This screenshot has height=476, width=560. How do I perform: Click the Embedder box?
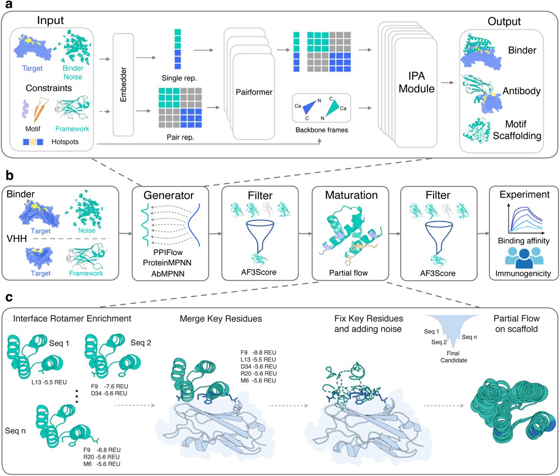tap(123, 84)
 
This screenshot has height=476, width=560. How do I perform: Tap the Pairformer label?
tap(254, 92)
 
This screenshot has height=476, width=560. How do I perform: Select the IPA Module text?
tap(416, 82)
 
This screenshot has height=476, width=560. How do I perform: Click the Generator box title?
tap(168, 195)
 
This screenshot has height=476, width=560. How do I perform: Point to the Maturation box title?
tap(351, 195)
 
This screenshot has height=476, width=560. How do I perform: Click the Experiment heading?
tap(524, 195)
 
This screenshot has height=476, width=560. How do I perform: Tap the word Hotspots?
tap(65, 142)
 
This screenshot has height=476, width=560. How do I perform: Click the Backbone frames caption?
tap(322, 130)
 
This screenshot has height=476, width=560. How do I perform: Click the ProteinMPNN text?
tap(167, 262)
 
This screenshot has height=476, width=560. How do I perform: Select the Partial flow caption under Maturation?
tap(348, 273)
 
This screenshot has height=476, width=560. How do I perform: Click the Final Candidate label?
tap(453, 357)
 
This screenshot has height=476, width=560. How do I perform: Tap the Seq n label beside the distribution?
tap(469, 337)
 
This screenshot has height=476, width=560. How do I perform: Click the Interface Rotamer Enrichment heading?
tap(72, 318)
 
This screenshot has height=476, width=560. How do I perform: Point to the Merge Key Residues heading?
tap(220, 318)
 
